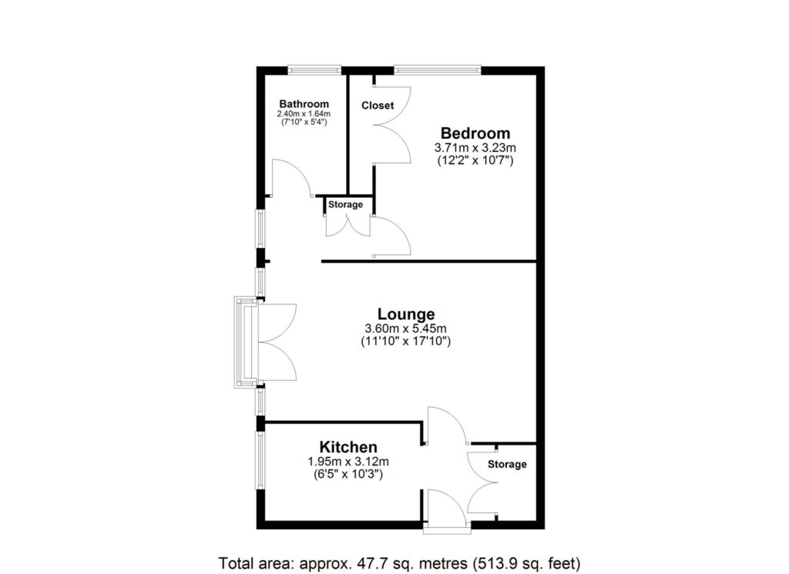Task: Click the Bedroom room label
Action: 475,133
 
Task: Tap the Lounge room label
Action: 406,314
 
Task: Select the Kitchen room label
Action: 348,448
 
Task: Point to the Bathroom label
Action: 304,104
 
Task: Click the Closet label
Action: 378,105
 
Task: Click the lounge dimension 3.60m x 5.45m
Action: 406,327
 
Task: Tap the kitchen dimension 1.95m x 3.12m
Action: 348,462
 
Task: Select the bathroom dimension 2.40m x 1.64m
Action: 304,114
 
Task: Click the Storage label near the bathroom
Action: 345,204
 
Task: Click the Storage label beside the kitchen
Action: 507,465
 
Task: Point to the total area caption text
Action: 399,561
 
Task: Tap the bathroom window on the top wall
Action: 314,70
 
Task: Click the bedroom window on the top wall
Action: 437,70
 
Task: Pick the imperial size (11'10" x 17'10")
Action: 406,340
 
